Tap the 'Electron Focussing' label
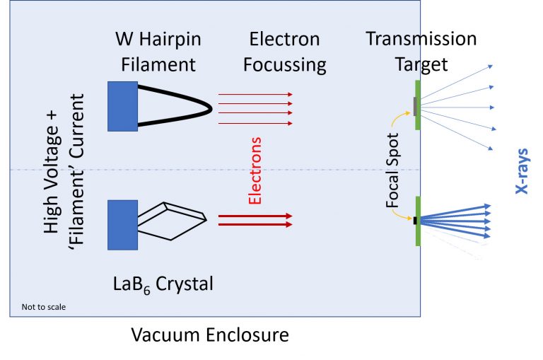pyautogui.click(x=285, y=52)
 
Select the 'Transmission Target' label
pyautogui.click(x=421, y=52)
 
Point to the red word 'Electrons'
pyautogui.click(x=257, y=170)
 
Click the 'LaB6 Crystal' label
pyautogui.click(x=163, y=284)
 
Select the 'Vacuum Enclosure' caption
pyautogui.click(x=210, y=335)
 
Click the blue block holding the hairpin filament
pyautogui.click(x=122, y=106)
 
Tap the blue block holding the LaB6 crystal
pyautogui.click(x=122, y=224)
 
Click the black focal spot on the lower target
pyautogui.click(x=415, y=221)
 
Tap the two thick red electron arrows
pyautogui.click(x=255, y=221)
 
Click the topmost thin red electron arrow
pyautogui.click(x=255, y=94)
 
